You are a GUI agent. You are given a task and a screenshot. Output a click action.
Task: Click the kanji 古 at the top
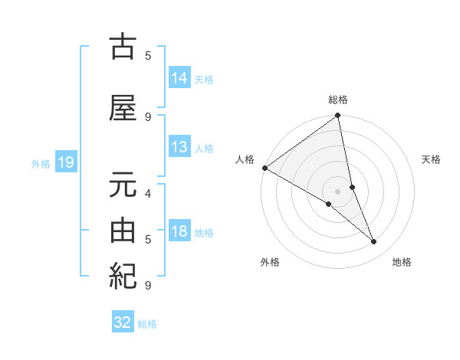click(123, 47)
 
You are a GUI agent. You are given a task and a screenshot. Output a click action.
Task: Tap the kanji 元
click(123, 186)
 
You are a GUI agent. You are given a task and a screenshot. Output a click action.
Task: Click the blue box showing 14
click(179, 77)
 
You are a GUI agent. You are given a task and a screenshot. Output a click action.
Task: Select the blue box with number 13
click(179, 148)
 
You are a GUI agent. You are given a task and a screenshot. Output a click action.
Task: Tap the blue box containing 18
click(179, 232)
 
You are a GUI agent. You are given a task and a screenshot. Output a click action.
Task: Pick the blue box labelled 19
click(66, 162)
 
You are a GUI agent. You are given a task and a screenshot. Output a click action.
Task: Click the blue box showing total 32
click(123, 322)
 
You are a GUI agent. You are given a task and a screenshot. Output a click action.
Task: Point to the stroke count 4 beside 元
click(148, 193)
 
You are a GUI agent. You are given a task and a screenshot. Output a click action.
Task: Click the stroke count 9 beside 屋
click(148, 116)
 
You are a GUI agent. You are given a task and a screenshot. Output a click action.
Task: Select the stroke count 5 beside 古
click(148, 55)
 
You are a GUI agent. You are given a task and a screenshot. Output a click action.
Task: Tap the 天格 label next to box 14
click(204, 79)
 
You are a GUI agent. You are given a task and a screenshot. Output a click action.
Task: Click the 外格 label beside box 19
click(41, 163)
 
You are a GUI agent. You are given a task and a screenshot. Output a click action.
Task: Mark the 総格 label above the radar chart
click(337, 100)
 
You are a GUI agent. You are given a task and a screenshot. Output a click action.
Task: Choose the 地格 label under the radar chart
click(402, 262)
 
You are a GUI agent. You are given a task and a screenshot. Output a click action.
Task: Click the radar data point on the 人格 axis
click(264, 168)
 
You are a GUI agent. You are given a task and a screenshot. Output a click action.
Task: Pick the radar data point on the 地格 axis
click(374, 242)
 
